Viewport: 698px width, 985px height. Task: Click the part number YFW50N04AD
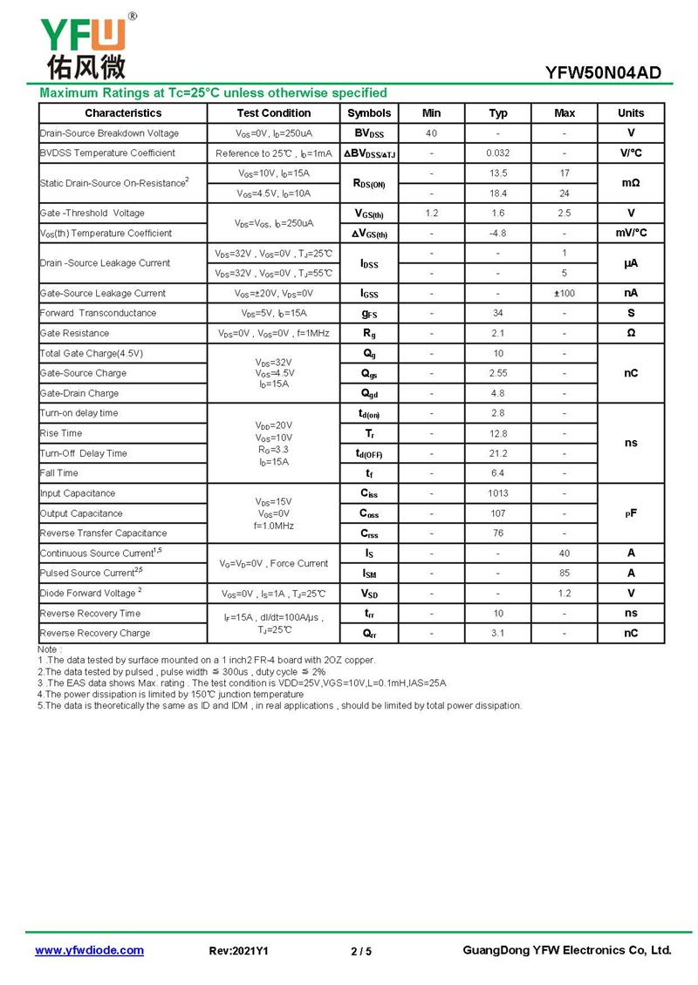click(603, 73)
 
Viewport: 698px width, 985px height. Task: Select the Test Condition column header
click(273, 113)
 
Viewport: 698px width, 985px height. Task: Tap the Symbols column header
click(369, 113)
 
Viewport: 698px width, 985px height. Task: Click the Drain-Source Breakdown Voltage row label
click(109, 133)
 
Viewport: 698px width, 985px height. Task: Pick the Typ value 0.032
click(498, 153)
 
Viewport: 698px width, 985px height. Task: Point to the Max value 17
click(565, 173)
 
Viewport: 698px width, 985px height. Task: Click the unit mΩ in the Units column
click(631, 183)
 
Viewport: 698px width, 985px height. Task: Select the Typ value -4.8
click(498, 234)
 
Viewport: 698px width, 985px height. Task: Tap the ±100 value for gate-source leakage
click(565, 294)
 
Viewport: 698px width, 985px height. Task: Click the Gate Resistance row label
click(75, 333)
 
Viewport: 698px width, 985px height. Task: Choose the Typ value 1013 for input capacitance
click(498, 493)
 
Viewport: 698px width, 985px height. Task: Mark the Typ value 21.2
click(498, 453)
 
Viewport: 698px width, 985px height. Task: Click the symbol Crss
click(369, 533)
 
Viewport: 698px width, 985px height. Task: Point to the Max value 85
click(565, 574)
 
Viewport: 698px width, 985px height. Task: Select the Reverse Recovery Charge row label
click(95, 634)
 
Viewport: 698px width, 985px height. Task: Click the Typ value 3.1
click(498, 634)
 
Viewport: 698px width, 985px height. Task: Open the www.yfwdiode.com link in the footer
click(89, 950)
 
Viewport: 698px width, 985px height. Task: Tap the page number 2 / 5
click(361, 951)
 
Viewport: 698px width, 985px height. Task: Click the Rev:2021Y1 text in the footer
click(239, 951)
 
